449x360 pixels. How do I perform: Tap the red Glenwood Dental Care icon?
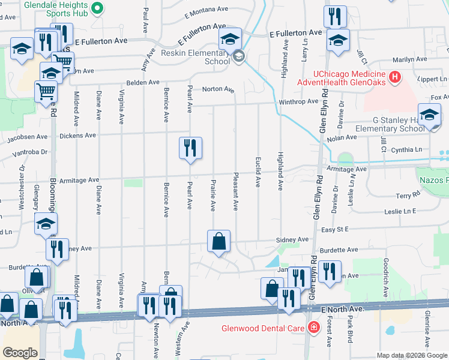[x=313, y=328]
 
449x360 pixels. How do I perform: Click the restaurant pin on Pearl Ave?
[x=191, y=148]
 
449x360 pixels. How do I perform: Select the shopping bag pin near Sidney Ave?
[x=219, y=241]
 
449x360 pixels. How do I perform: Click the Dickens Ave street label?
[x=78, y=136]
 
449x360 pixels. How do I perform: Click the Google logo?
[x=20, y=353]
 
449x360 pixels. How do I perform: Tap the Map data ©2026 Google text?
[x=412, y=355]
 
